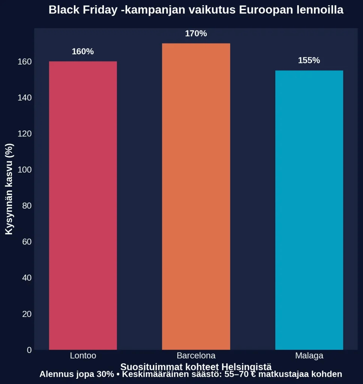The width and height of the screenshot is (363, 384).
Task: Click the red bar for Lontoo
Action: (83, 205)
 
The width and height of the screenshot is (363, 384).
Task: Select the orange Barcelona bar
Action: (196, 196)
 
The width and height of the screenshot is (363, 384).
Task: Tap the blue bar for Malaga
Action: (309, 210)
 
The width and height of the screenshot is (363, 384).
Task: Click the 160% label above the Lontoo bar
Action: (82, 52)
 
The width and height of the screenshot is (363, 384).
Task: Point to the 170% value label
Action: (196, 34)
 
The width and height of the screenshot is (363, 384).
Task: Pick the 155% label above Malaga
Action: (309, 60)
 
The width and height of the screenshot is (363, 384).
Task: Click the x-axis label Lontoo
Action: (83, 355)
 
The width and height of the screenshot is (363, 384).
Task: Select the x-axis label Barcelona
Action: (196, 355)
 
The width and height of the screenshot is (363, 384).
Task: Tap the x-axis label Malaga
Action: (309, 355)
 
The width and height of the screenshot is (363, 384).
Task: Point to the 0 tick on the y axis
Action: (29, 350)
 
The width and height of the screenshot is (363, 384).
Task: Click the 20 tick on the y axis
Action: (27, 314)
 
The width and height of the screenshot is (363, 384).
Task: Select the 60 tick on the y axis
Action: (27, 242)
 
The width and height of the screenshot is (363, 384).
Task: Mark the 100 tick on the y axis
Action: (24, 170)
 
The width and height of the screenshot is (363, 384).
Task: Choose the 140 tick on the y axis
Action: (24, 97)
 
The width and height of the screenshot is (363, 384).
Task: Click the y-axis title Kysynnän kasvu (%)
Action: (9, 189)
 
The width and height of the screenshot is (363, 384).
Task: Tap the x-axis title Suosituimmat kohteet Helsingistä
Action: (196, 367)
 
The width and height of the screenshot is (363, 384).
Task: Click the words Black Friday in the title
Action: (83, 10)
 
